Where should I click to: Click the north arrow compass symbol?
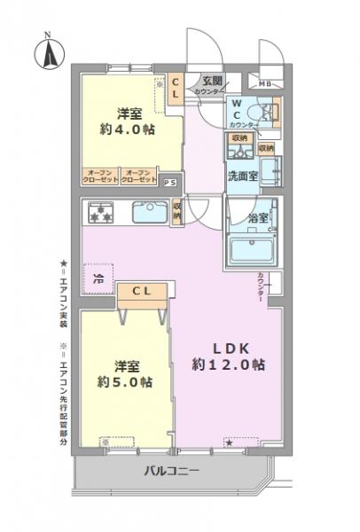click(46, 51)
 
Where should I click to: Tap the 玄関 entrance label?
click(211, 81)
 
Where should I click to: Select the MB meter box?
click(265, 84)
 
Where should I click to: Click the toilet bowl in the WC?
click(262, 113)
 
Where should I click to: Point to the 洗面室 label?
click(242, 176)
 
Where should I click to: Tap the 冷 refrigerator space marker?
click(98, 278)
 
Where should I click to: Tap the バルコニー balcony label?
click(172, 471)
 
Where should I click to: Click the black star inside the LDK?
click(229, 441)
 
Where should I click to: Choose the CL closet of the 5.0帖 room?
click(141, 291)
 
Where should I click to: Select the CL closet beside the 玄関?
click(176, 87)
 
